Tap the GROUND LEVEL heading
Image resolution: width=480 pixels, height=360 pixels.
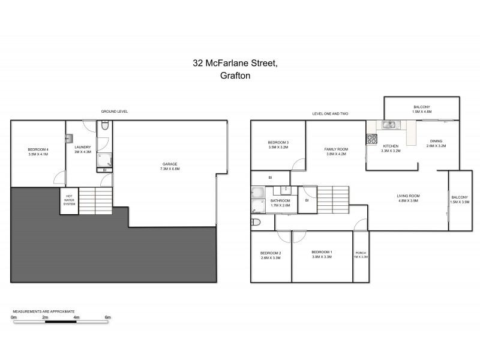(115, 112)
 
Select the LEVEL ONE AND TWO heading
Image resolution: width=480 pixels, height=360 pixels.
(330, 113)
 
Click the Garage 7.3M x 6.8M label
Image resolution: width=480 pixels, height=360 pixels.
(170, 166)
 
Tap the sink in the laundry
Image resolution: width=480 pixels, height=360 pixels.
(70, 138)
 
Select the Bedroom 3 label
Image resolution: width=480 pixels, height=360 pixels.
(278, 145)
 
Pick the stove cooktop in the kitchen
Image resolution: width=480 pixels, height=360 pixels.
(371, 139)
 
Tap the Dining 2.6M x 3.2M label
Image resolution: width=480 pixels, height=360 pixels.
(435, 143)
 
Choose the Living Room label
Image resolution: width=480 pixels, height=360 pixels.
(408, 199)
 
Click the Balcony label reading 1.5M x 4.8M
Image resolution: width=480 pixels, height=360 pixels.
(421, 109)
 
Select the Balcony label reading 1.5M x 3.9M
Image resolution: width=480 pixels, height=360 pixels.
(460, 200)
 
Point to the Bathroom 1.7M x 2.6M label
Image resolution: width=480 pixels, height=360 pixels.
(280, 203)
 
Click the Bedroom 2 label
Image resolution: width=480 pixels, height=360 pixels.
(271, 255)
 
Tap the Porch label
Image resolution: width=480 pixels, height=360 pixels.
(361, 254)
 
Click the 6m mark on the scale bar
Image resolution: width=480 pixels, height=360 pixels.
(108, 317)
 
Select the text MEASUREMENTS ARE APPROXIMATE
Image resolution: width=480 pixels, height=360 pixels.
(44, 311)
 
